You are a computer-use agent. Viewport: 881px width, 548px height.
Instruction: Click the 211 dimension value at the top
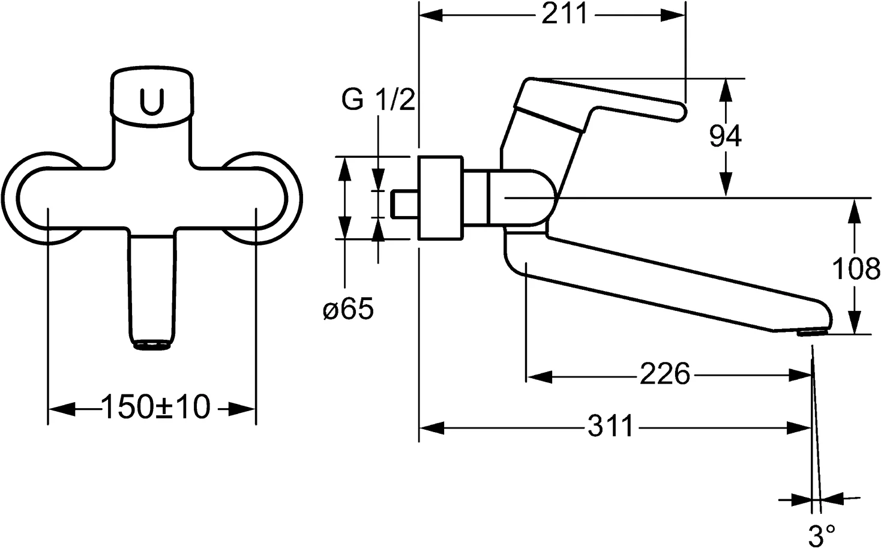point(564,15)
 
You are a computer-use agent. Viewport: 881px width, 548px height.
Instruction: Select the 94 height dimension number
point(726,137)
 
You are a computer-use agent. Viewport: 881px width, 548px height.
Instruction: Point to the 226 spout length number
point(664,375)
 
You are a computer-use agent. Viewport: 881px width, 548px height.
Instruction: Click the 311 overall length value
point(610,427)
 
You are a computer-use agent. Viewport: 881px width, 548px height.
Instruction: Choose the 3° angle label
point(822,535)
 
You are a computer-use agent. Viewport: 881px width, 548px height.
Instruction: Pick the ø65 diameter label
point(348,310)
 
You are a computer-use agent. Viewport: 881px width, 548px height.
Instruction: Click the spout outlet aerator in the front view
point(152,345)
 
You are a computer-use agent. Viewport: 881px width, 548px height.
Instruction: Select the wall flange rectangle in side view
point(441,198)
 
